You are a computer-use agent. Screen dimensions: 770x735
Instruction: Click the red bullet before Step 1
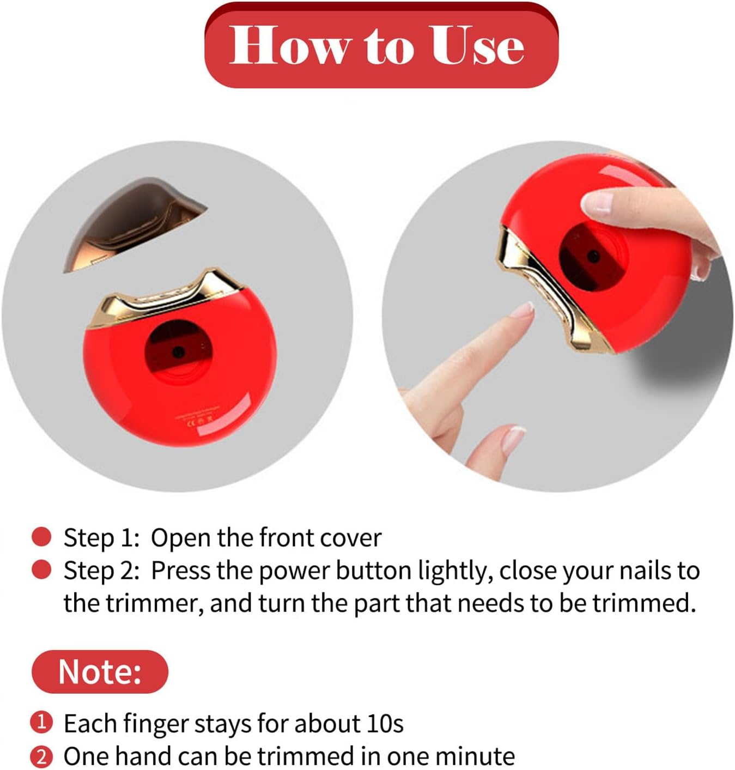(41, 537)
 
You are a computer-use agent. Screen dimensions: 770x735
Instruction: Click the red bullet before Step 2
(41, 570)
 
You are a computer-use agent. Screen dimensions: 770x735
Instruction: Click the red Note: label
(100, 671)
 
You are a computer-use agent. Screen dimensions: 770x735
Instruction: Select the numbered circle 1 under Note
(41, 723)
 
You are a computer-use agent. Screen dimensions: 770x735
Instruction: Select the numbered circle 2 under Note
(41, 756)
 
